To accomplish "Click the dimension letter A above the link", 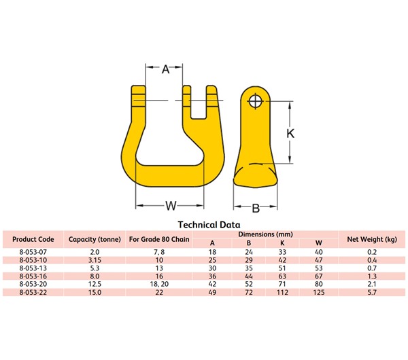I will coord(165,69).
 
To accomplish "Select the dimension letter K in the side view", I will coord(290,134).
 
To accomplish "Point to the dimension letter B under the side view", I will coord(256,208).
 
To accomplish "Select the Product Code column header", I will coord(33,239).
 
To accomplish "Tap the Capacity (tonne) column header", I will coord(95,239).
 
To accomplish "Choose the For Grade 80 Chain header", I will coord(159,239).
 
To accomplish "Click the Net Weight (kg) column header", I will coord(372,239).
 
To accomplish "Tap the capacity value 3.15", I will coord(95,259).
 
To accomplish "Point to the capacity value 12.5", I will coord(95,284).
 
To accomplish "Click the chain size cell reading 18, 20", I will coord(159,284).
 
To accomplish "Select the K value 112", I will coord(283,292).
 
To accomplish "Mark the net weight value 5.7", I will coord(372,292).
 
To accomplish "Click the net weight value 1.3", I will coord(372,276).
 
